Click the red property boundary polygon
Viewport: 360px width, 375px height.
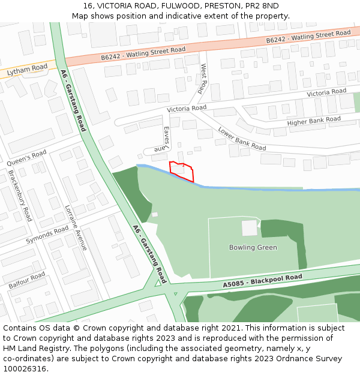(182, 170)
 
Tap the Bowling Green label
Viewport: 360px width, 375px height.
(253, 247)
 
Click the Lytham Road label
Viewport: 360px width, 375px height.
(26, 71)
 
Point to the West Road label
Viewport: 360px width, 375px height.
(203, 79)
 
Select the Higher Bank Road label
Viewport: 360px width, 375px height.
(313, 121)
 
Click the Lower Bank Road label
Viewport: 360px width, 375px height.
(242, 139)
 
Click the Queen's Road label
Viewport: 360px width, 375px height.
(26, 158)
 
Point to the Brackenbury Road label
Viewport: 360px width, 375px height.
(20, 195)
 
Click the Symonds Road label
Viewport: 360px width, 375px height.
(47, 235)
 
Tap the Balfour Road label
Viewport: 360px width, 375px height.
(27, 280)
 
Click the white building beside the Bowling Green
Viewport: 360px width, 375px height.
(249, 228)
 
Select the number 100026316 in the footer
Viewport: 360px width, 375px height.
(25, 369)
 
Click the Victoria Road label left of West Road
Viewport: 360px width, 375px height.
(187, 109)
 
